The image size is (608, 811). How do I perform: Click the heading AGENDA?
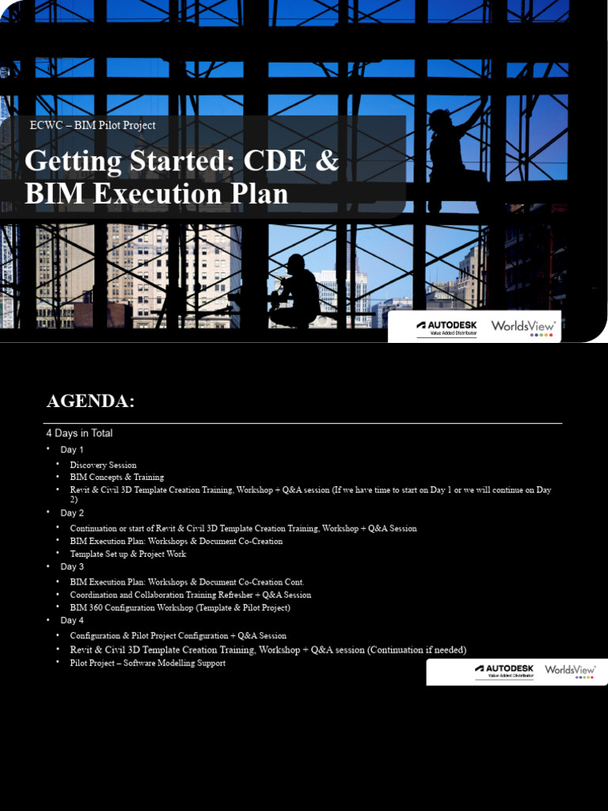90,402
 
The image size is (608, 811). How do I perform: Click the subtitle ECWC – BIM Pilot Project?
92,125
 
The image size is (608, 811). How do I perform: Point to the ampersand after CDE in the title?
326,161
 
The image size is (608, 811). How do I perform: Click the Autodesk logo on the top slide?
446,326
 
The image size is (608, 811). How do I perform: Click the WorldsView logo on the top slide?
523,326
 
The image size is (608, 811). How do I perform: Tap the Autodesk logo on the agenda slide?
503,671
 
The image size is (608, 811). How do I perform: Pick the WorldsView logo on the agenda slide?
570,671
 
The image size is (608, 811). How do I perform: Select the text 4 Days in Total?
79,433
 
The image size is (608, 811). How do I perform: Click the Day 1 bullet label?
72,450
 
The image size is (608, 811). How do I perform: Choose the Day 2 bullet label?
72,513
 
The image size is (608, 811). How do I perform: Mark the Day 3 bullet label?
72,567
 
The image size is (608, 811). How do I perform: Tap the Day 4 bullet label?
72,621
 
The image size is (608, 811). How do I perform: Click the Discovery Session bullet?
103,465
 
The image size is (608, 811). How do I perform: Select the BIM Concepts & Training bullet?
116,478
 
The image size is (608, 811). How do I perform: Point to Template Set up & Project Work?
127,554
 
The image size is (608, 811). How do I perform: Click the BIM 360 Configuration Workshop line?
180,608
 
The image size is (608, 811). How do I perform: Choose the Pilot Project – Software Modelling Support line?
147,663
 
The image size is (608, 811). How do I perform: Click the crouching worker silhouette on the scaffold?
294,291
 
